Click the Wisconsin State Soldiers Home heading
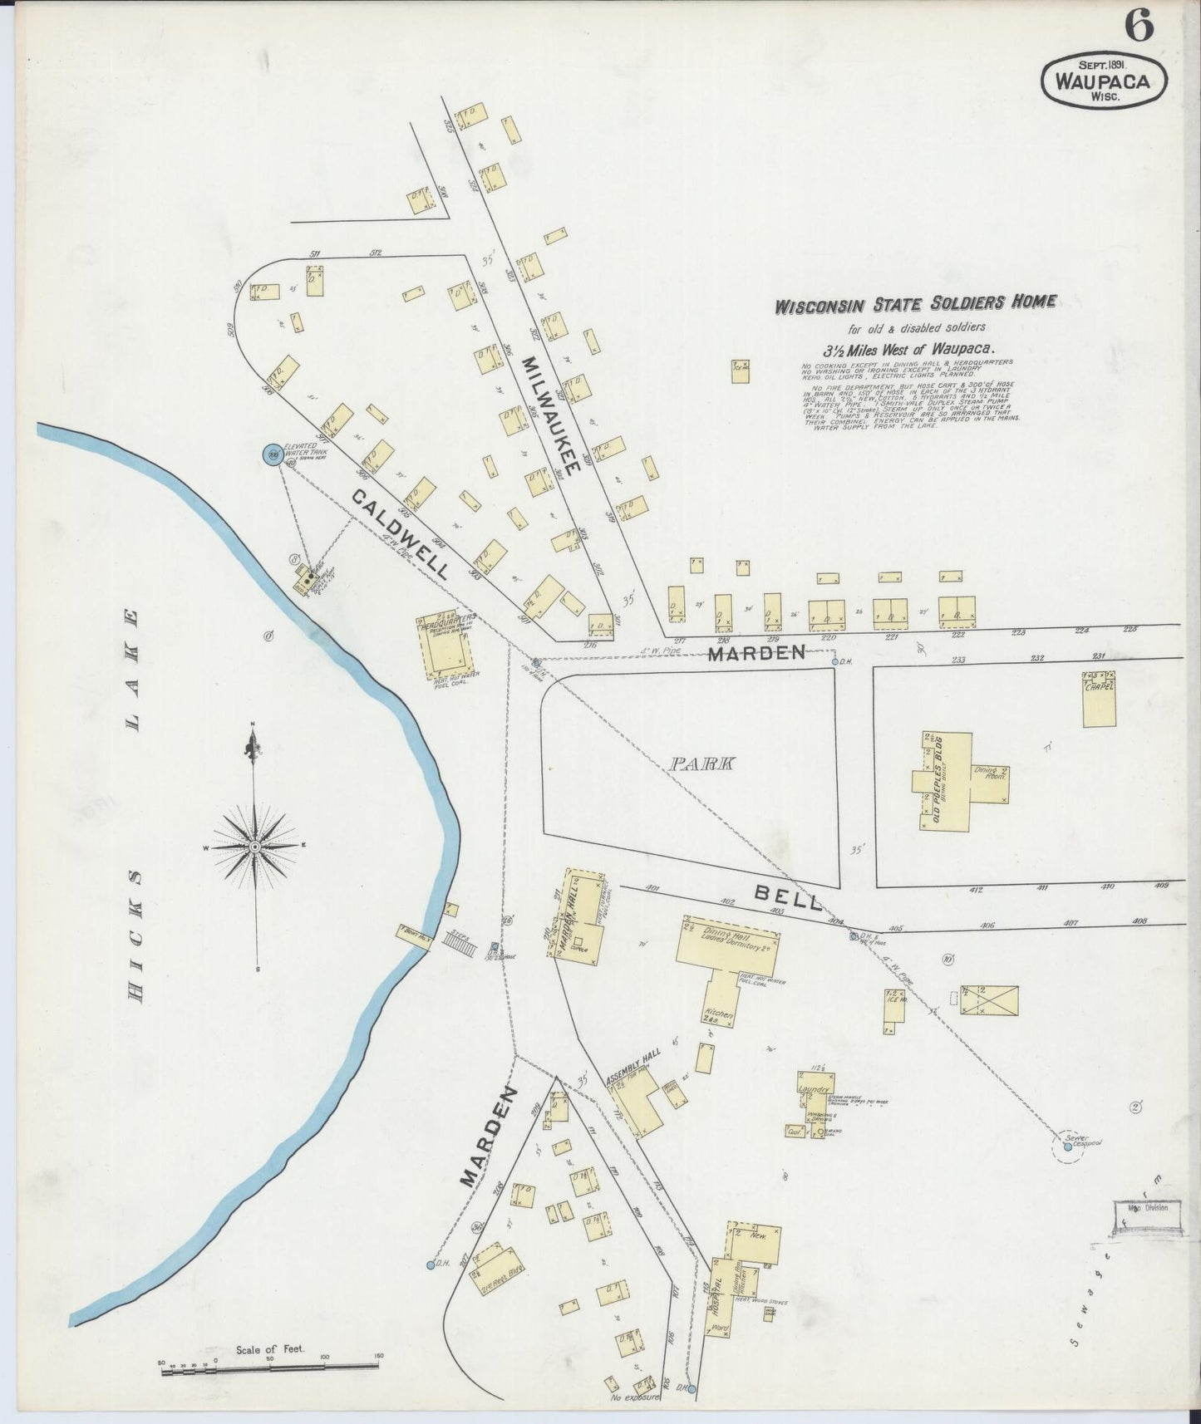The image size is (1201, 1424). click(x=915, y=304)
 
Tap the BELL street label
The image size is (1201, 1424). click(x=787, y=897)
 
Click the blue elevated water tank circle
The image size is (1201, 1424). click(x=272, y=454)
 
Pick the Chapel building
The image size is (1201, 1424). click(x=1099, y=698)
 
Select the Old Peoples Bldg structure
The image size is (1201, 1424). click(x=946, y=781)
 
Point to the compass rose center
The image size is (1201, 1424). click(x=255, y=847)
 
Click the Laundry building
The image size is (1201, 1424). click(x=813, y=1089)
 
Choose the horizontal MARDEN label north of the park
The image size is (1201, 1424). click(x=756, y=653)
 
